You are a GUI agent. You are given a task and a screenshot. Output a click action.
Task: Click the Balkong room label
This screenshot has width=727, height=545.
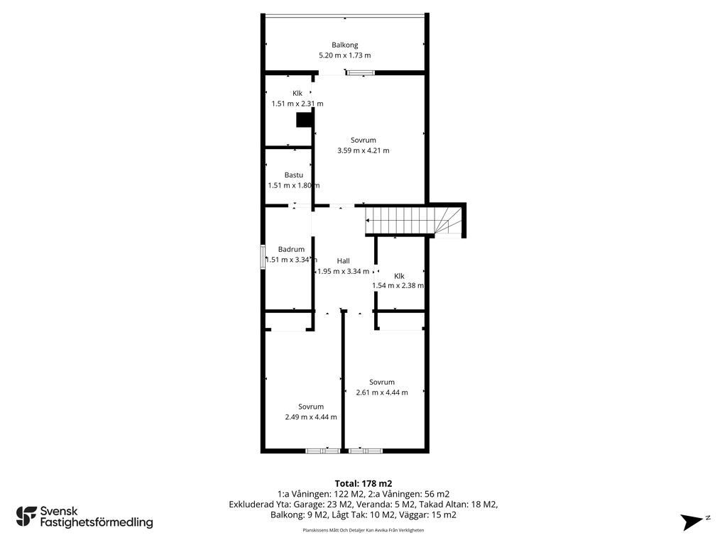click(344, 45)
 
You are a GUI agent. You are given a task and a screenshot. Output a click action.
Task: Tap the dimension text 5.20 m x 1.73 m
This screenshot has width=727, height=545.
click(344, 55)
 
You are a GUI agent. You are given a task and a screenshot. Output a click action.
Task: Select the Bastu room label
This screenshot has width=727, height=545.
click(293, 175)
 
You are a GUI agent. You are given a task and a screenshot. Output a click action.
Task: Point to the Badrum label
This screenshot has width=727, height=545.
click(291, 249)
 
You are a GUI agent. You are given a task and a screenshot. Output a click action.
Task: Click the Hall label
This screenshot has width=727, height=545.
click(343, 261)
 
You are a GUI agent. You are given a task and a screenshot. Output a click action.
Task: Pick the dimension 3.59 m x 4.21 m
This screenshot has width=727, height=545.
click(363, 150)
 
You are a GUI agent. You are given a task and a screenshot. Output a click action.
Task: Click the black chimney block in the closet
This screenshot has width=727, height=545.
click(305, 120)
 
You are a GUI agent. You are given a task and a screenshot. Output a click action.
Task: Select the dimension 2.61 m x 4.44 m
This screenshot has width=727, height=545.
click(381, 392)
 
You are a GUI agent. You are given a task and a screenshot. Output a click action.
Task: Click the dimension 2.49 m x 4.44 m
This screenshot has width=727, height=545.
click(311, 417)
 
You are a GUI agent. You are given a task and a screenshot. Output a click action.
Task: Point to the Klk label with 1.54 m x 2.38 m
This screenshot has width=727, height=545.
click(399, 276)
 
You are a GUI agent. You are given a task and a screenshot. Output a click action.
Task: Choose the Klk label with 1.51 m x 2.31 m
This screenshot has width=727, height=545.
click(297, 93)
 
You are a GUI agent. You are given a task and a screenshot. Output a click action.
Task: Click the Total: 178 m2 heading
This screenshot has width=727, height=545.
click(363, 484)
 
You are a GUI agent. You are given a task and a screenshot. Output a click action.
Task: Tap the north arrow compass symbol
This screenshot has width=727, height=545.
click(693, 522)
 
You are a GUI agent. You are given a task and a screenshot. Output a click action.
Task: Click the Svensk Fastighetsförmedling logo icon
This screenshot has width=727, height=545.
click(26, 517)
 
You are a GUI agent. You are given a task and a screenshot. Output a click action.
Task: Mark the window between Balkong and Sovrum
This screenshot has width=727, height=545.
click(360, 72)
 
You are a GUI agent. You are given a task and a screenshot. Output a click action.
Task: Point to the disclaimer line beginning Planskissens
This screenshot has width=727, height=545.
click(363, 530)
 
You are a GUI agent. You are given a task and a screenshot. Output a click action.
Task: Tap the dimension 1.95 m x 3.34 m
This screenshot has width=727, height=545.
click(343, 271)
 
